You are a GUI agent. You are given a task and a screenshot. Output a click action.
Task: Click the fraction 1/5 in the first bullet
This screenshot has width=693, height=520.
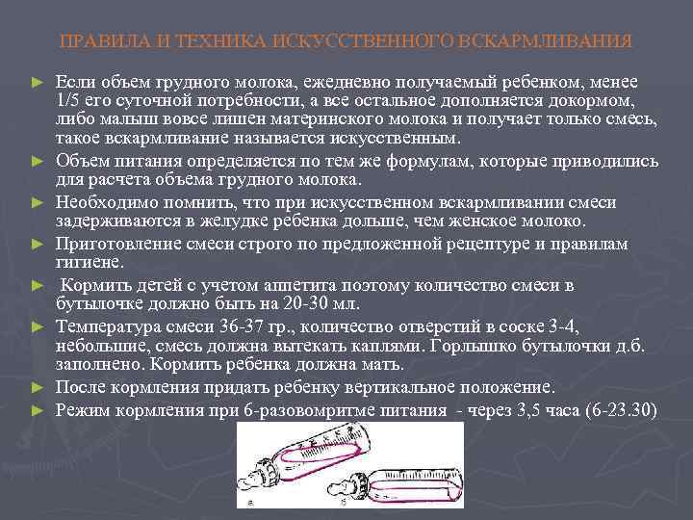68,99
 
